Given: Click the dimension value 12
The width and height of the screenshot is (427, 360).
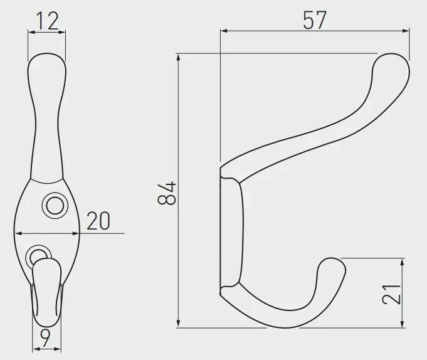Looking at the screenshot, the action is point(47,21).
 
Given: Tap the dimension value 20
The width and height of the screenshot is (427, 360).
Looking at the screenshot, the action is point(98,220).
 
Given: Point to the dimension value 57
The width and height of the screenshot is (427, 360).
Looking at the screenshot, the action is point(315,20).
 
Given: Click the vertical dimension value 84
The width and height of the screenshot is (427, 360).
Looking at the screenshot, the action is point(167,193).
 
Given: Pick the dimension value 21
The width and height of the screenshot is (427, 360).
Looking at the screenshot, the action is point(392,294).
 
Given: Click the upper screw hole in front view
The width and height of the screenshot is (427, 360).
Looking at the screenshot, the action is point(55,206).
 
